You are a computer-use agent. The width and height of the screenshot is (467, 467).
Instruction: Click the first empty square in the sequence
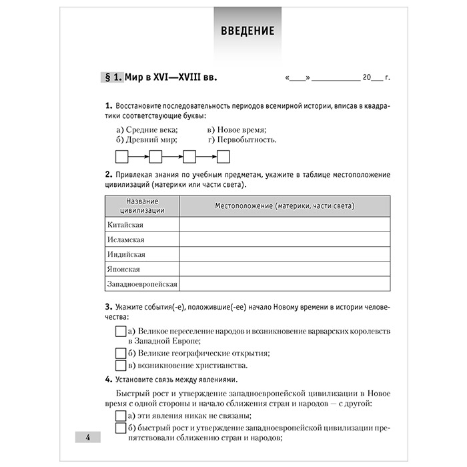pyautogui.click(x=122, y=157)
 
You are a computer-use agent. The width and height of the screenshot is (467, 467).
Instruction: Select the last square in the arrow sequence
pyautogui.click(x=223, y=157)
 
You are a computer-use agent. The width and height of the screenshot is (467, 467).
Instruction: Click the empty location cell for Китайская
pyautogui.click(x=285, y=224)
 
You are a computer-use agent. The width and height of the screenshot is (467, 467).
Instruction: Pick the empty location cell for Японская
pyautogui.click(x=285, y=269)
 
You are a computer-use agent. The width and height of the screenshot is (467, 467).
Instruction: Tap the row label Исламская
pyautogui.click(x=125, y=240)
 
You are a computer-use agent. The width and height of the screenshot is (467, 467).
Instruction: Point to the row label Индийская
pyautogui.click(x=126, y=254)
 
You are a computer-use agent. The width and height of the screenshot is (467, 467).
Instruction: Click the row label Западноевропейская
pyautogui.click(x=142, y=284)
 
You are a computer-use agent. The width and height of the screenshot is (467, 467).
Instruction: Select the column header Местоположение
pyautogui.click(x=285, y=205)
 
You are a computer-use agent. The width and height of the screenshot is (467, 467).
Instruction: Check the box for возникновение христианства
pyautogui.click(x=121, y=365)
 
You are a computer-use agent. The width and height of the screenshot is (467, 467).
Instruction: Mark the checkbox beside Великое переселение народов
pyautogui.click(x=121, y=331)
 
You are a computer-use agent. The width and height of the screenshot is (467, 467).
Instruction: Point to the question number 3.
pyautogui.click(x=108, y=307)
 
